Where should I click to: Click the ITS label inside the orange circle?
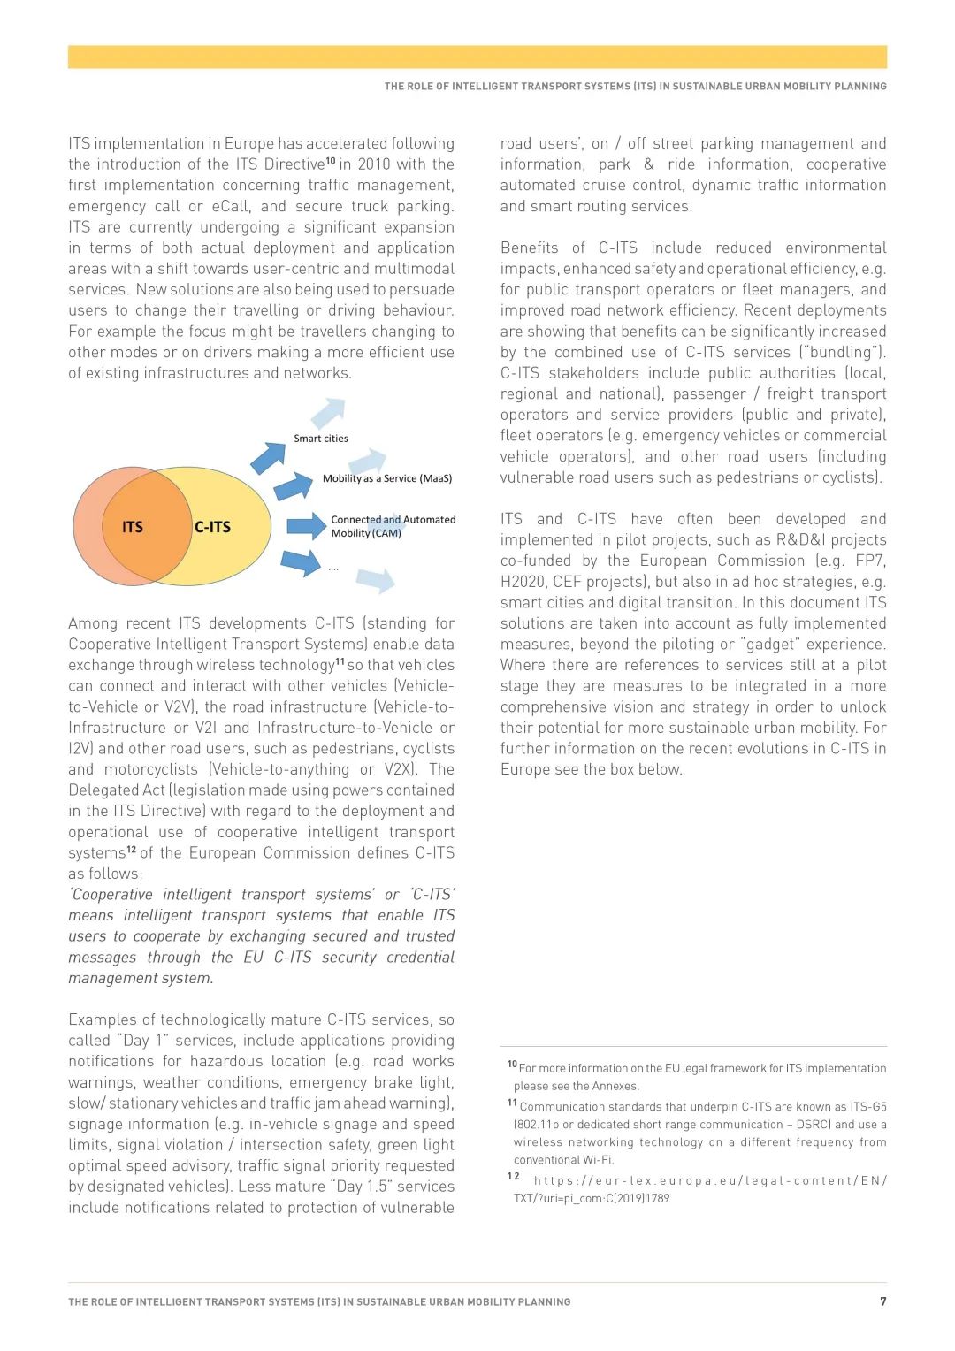click(x=133, y=527)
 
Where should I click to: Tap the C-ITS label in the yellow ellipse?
click(x=212, y=527)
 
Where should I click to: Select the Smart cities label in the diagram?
click(x=321, y=439)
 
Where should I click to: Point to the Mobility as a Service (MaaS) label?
click(x=387, y=478)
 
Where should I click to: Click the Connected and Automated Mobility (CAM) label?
click(x=393, y=526)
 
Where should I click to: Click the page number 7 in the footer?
click(x=882, y=1301)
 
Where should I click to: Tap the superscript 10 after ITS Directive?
click(x=331, y=161)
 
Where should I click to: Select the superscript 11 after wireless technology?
click(x=340, y=661)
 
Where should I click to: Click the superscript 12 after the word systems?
click(x=131, y=850)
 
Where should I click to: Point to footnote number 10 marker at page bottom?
click(x=512, y=1065)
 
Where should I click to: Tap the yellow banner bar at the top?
click(x=477, y=57)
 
